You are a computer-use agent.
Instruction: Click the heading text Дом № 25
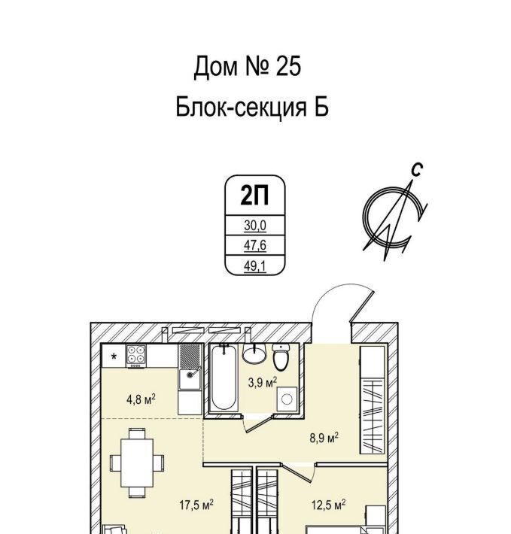[247, 67]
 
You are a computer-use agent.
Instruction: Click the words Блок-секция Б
[252, 108]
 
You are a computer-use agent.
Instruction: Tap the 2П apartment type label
[253, 196]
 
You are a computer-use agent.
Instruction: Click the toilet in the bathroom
[281, 357]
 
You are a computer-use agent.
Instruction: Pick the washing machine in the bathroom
[287, 400]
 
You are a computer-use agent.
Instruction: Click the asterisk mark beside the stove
[114, 357]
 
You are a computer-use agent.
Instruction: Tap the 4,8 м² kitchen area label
[141, 400]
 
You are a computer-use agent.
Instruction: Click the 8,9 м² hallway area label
[324, 437]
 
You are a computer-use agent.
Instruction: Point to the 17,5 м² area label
[197, 505]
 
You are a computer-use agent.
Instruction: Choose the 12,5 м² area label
[328, 505]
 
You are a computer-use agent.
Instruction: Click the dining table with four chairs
[136, 461]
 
